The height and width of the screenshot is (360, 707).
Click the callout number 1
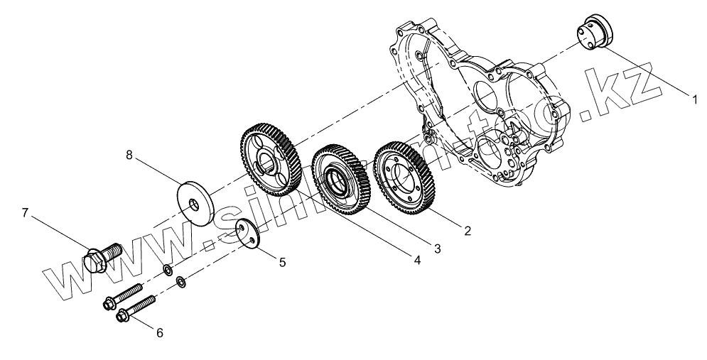[696, 99]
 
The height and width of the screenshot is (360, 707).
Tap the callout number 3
[438, 248]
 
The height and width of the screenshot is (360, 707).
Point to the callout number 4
[417, 261]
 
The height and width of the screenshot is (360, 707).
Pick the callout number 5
[282, 262]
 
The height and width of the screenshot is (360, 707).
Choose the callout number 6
[159, 332]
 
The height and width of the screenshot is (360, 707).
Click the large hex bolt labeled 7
[103, 257]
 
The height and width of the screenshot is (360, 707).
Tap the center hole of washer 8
[195, 204]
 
